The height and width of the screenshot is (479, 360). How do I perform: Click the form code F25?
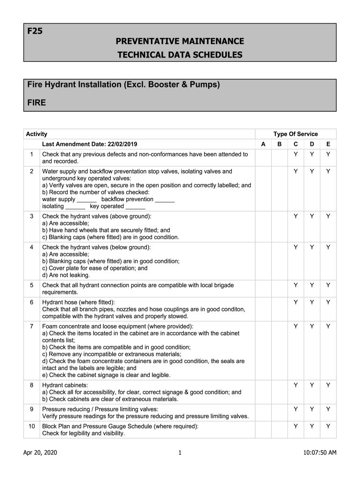click(x=35, y=32)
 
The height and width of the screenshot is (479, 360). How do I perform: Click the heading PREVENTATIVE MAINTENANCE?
click(x=180, y=42)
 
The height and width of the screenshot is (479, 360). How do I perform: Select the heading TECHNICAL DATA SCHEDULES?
click(x=180, y=55)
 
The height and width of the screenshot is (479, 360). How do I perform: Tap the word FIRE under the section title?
click(x=36, y=102)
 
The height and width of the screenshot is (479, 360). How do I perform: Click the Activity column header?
click(x=36, y=134)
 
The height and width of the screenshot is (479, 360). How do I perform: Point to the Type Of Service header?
click(x=295, y=134)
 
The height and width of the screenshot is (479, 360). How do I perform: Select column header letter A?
click(x=263, y=145)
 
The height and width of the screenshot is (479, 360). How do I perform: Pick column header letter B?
click(x=279, y=145)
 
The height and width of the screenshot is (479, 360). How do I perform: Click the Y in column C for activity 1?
click(x=295, y=154)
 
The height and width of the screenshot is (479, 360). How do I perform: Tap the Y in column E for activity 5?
click(x=328, y=285)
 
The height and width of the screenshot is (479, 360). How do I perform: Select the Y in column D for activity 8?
click(x=312, y=385)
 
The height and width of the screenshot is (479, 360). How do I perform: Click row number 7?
click(x=32, y=326)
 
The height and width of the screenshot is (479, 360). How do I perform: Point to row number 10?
click(x=32, y=426)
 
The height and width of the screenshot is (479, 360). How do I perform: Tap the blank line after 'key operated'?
click(x=136, y=207)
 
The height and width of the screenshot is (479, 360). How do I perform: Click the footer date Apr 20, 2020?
click(x=41, y=452)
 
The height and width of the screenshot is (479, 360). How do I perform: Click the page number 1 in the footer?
click(x=180, y=452)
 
